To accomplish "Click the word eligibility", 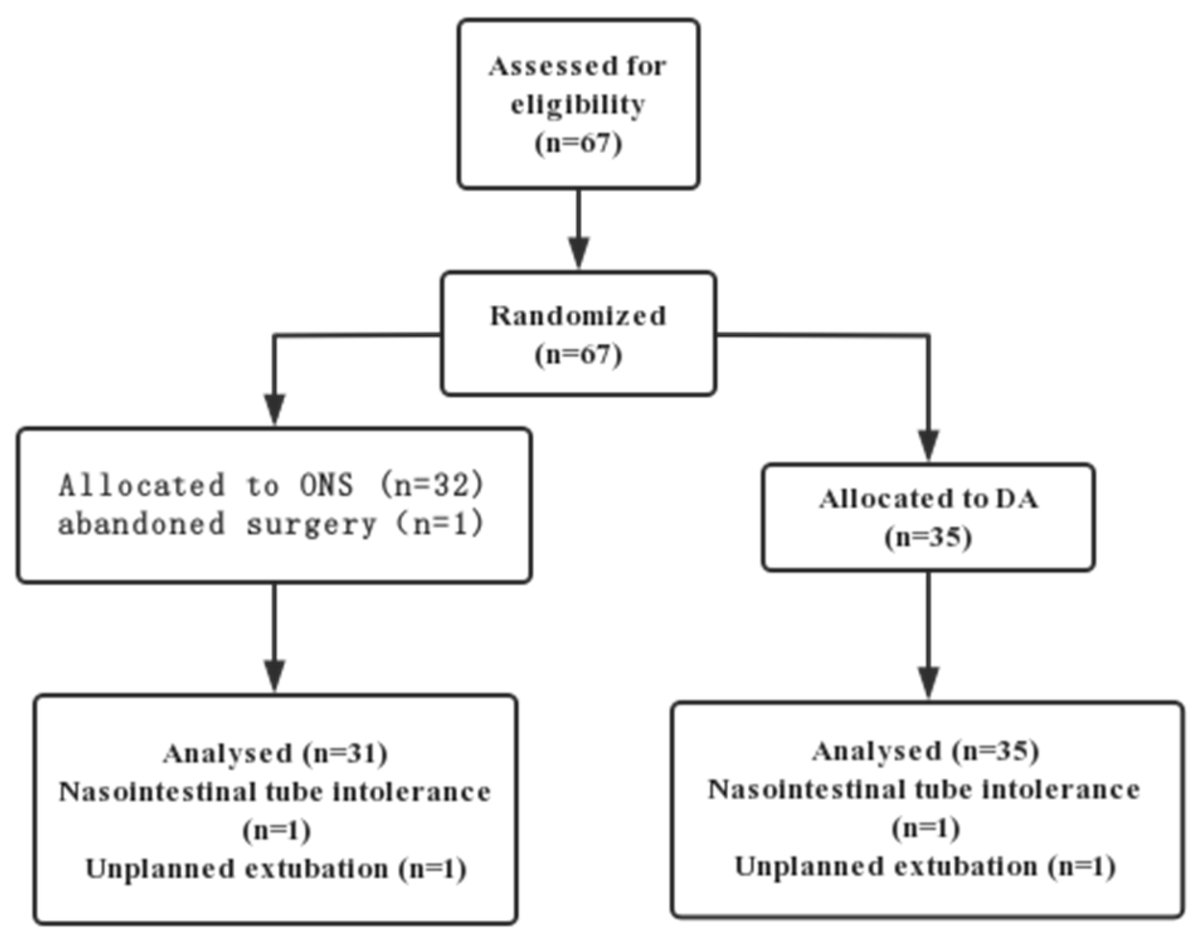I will pos(577,105).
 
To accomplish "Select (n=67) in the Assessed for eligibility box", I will pos(578,143).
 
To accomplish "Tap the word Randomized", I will pos(577,316).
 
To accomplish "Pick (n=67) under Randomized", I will pos(578,355).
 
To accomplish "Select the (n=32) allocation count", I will pos(433,485).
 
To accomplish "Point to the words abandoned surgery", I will pos(217,524).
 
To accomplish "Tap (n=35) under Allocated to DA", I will pos(928,538).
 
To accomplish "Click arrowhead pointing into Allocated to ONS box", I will pos(274,408).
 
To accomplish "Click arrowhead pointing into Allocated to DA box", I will pos(929,444).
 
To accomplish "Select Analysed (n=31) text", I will pos(275,753).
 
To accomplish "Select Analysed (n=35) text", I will pos(925,751).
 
